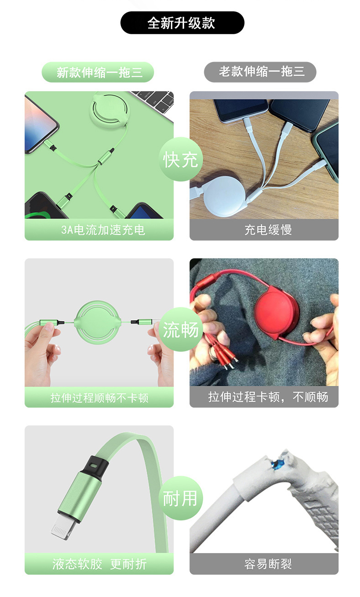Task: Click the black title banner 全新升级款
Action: pyautogui.click(x=182, y=23)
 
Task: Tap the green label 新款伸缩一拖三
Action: pyautogui.click(x=98, y=72)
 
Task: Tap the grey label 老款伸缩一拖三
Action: pyautogui.click(x=260, y=72)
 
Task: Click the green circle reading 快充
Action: pyautogui.click(x=181, y=159)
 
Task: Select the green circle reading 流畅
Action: pyautogui.click(x=181, y=329)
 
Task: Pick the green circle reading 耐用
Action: pyautogui.click(x=181, y=498)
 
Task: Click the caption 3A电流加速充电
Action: pyautogui.click(x=103, y=230)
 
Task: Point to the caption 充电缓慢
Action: pyautogui.click(x=268, y=230)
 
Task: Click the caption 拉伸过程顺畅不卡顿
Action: pyautogui.click(x=99, y=398)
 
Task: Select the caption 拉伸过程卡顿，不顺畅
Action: pyautogui.click(x=268, y=397)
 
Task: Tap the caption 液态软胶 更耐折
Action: pyautogui.click(x=99, y=564)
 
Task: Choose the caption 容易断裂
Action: pyautogui.click(x=268, y=564)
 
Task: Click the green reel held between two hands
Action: pyautogui.click(x=98, y=322)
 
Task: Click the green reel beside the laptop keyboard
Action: pyautogui.click(x=110, y=110)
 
